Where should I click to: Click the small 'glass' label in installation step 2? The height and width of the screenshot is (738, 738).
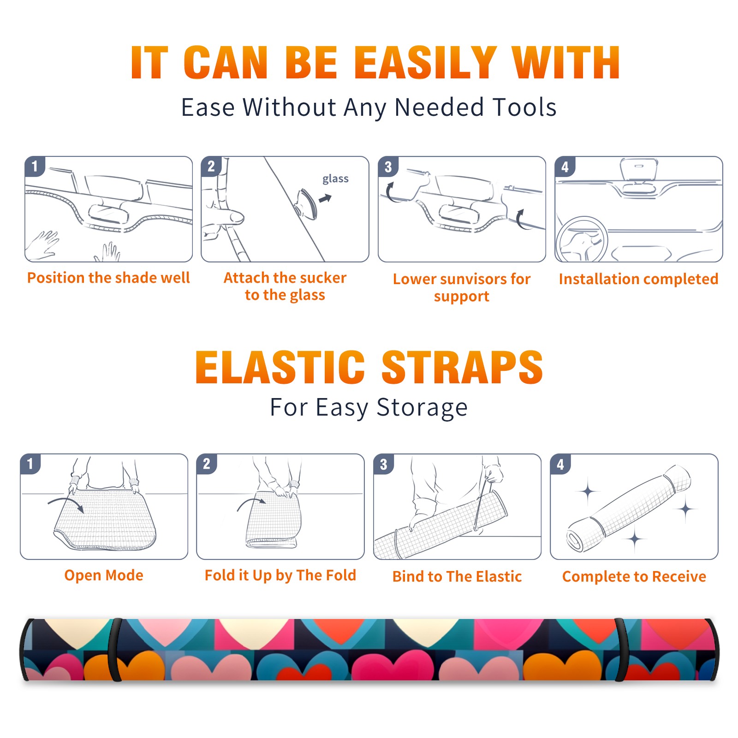tap(335, 179)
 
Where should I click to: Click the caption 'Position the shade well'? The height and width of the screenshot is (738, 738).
tap(108, 278)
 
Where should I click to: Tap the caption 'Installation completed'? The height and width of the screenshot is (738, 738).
tap(638, 279)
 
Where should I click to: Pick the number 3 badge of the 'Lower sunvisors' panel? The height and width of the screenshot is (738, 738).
tap(388, 167)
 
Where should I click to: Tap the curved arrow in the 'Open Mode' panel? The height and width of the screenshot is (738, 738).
tap(65, 504)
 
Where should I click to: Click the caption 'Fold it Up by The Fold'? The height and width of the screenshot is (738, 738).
tap(280, 576)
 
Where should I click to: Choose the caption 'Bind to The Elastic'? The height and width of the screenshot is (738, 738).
tap(457, 577)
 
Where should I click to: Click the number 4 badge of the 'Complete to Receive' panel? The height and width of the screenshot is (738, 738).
tap(560, 464)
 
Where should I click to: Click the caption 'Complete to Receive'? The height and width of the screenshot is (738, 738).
tap(634, 577)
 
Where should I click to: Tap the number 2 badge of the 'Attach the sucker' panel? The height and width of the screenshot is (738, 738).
tap(211, 167)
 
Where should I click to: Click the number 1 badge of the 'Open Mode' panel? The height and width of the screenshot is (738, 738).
tap(30, 464)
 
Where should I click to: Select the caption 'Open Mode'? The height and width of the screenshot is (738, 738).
tap(104, 576)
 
